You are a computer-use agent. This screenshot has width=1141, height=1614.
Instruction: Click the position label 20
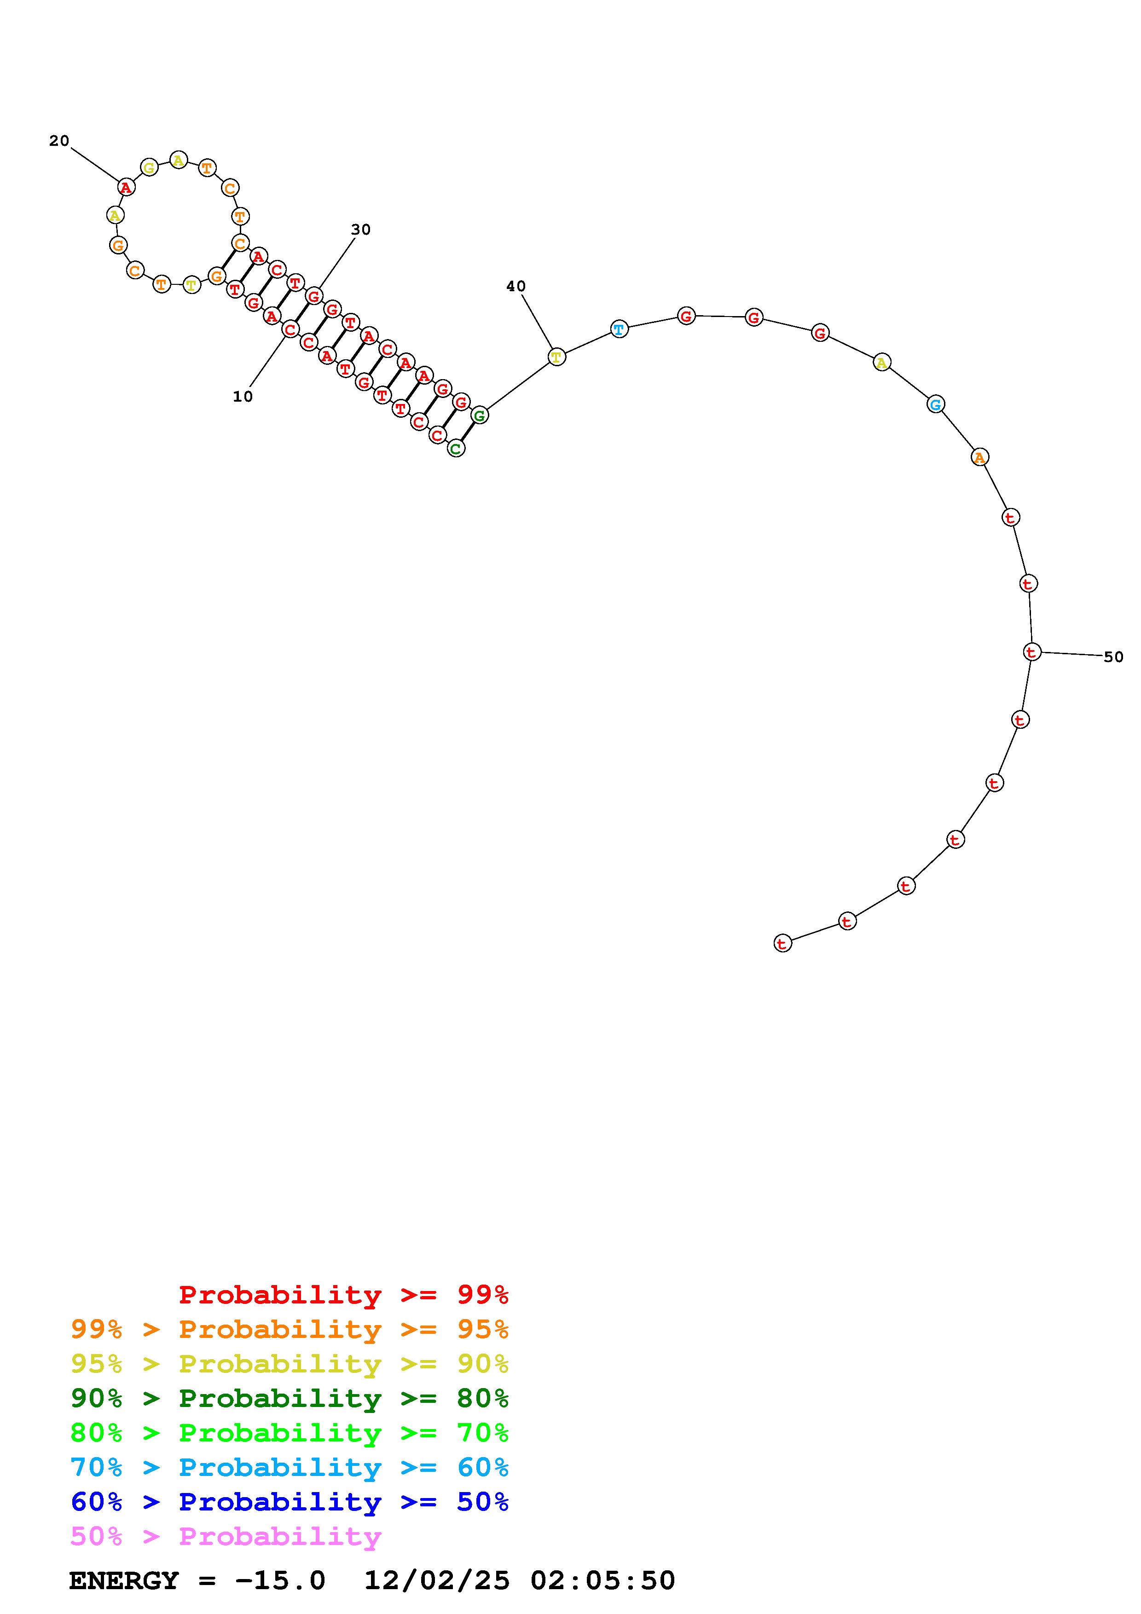click(59, 141)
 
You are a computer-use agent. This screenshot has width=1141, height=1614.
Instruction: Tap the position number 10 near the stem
click(243, 397)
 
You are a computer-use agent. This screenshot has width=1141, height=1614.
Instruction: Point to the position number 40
click(516, 286)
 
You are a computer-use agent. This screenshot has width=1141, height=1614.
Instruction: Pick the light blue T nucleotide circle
click(619, 329)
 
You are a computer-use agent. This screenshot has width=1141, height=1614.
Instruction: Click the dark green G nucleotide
click(480, 415)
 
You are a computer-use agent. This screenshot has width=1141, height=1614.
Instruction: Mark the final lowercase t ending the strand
click(782, 943)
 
